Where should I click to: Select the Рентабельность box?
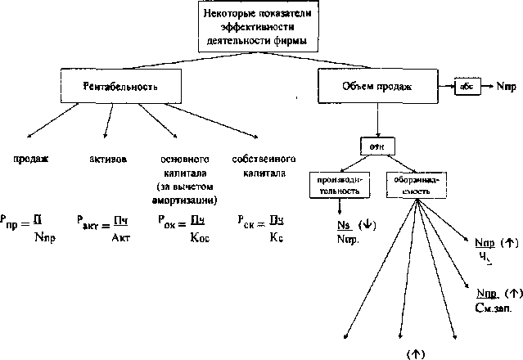pos(119,85)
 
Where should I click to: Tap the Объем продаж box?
pos(376,85)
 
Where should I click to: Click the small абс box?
pos(465,85)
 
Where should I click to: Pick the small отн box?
pos(377,146)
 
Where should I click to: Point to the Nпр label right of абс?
pos(504,85)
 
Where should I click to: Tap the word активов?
pos(107,159)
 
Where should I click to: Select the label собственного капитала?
pos(259,166)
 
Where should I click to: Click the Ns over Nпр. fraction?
pos(348,232)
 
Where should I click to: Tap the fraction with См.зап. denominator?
pos(491,299)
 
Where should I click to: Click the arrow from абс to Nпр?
pos(484,85)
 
